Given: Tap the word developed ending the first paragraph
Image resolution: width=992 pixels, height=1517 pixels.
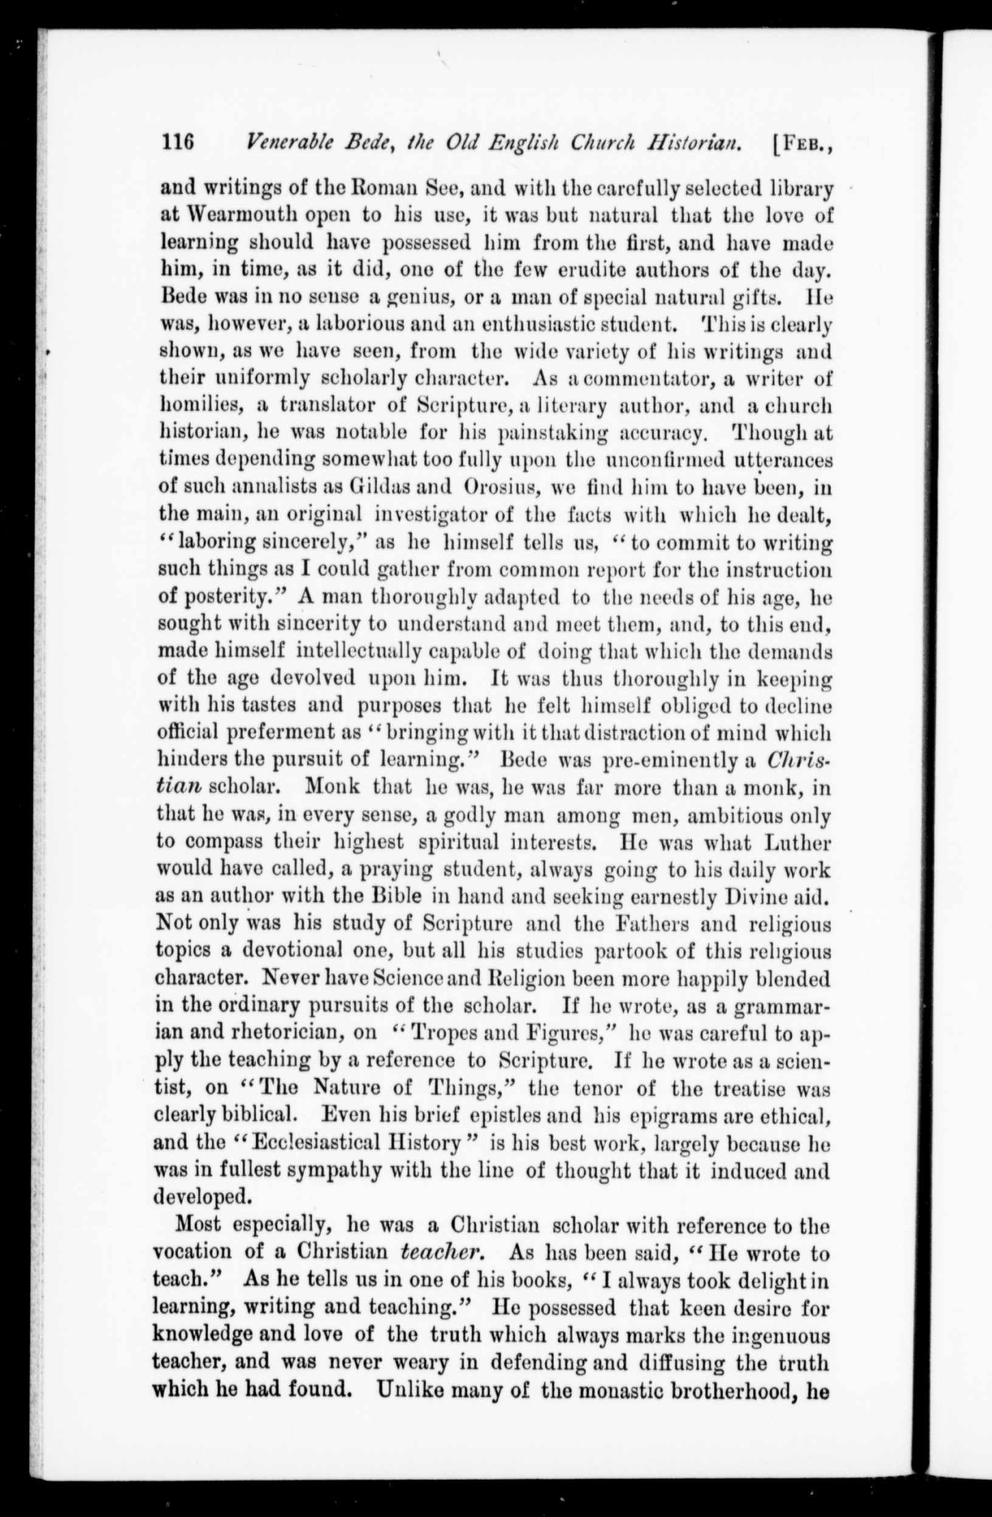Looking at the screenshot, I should pyautogui.click(x=200, y=1195).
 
